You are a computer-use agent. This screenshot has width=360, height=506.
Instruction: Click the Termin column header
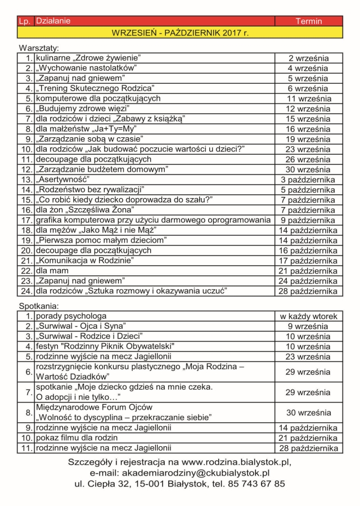[x=308, y=21]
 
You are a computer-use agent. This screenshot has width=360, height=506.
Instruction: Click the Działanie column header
[x=53, y=21]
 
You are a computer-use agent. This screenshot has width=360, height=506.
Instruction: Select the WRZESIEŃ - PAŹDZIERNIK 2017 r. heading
[x=180, y=33]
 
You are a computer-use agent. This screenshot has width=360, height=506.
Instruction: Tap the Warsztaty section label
[x=39, y=48]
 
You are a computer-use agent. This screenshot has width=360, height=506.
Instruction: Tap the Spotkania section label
[x=39, y=306]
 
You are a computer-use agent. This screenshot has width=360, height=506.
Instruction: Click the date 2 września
[x=308, y=58]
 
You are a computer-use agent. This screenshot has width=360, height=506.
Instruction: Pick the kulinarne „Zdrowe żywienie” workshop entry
[x=88, y=58]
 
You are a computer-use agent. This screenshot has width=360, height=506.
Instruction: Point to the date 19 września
[x=308, y=139]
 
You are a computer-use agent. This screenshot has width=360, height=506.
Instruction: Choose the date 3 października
[x=308, y=180]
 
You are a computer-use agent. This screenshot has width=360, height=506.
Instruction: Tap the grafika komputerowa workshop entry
[x=152, y=220]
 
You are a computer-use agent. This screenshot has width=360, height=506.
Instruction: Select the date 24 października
[x=308, y=281]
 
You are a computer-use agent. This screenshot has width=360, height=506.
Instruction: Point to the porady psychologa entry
[x=71, y=316]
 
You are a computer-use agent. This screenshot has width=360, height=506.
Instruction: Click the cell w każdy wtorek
[x=308, y=316]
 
